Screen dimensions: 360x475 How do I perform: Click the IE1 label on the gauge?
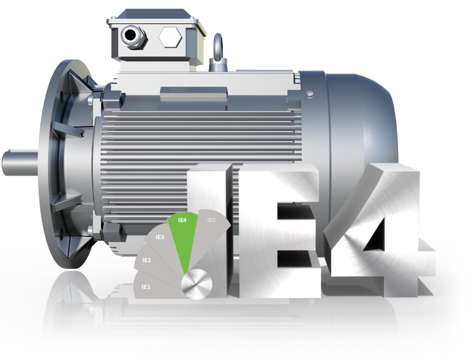click(146, 287)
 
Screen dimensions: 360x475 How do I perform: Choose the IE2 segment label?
click(147, 260)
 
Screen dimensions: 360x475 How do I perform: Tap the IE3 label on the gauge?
click(160, 237)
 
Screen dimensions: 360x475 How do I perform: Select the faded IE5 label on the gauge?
click(212, 220)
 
